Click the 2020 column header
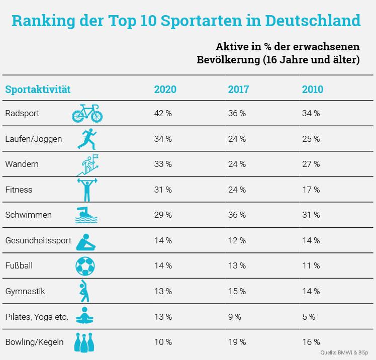pos(165,90)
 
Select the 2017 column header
pos(239,90)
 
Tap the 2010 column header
pos(312,90)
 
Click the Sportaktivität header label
pos(38,90)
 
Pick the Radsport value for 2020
pos(163,114)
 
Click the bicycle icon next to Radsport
pos(86,114)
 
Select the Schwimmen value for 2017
pos(237,215)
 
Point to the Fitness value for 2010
pos(311,190)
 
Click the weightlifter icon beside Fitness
pos(85,190)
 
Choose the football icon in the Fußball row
pos(85,265)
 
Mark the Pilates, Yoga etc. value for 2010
pos(309,317)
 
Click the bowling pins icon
pos(85,342)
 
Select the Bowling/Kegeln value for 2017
pos(237,342)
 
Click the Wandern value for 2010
pos(311,164)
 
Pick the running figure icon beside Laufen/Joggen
pos(85,139)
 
